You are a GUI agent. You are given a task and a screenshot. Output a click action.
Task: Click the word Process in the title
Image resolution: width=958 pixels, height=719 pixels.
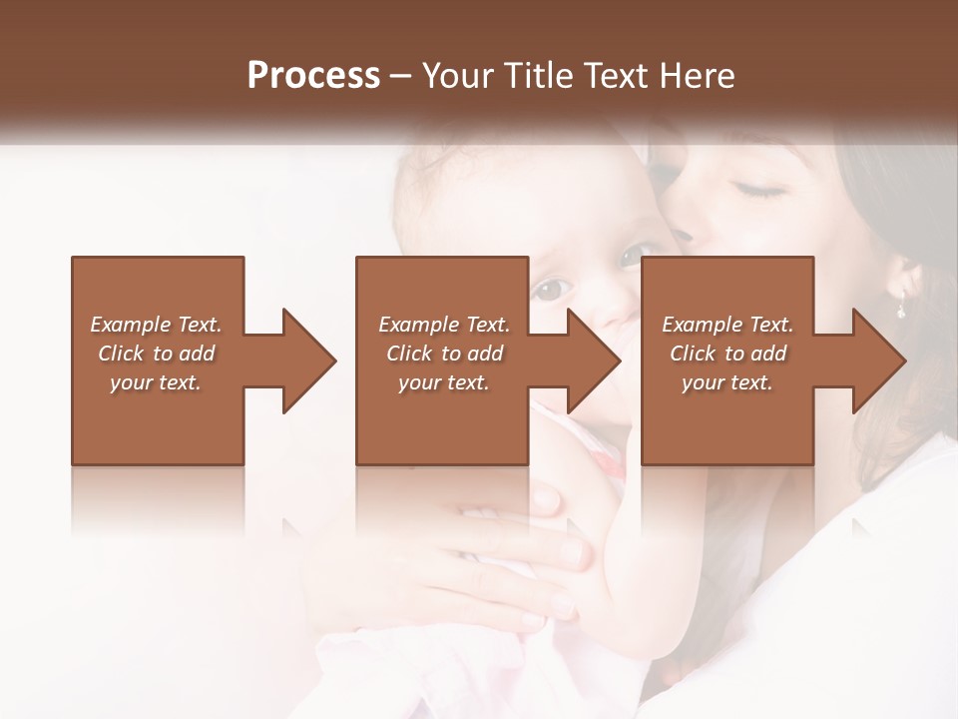[x=313, y=76]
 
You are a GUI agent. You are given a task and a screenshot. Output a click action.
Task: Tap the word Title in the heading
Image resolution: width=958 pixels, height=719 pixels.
[x=534, y=76]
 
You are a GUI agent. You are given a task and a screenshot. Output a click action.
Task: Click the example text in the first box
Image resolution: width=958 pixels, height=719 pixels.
[x=156, y=354]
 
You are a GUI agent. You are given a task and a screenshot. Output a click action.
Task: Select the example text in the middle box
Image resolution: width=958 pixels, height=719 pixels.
[x=443, y=354]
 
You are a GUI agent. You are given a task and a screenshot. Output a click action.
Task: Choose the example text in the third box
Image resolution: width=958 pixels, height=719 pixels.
[x=727, y=354]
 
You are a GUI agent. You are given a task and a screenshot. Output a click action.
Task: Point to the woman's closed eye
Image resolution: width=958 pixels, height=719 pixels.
[x=760, y=189]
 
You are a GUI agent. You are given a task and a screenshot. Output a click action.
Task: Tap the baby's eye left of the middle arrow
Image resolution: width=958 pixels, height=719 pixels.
[x=550, y=291]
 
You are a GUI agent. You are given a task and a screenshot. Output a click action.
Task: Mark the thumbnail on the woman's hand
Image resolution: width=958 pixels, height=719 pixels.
[x=546, y=499]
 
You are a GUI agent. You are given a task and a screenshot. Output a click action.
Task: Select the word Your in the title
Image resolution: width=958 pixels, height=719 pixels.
[x=458, y=76]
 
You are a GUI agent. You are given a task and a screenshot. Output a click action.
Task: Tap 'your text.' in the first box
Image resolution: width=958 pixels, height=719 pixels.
[x=156, y=382]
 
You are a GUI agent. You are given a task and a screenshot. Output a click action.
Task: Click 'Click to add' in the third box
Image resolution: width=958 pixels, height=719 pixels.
[x=727, y=354]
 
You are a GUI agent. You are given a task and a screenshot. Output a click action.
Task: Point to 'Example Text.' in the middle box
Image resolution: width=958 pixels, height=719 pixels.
[x=443, y=325]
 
